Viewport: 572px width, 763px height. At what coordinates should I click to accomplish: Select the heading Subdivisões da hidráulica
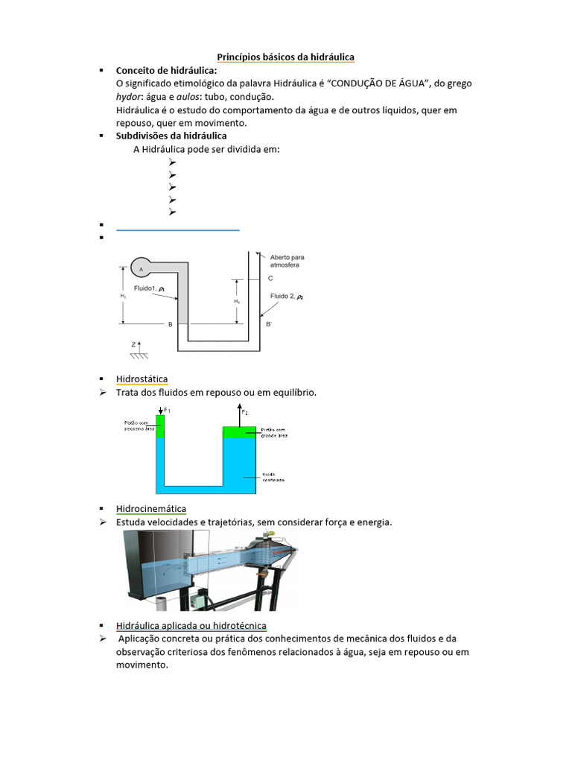coord(171,136)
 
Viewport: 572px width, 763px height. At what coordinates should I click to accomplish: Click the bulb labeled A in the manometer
coord(141,267)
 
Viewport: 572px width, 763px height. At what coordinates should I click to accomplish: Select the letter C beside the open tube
coord(270,278)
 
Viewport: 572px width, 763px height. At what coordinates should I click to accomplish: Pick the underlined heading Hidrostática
coord(142,379)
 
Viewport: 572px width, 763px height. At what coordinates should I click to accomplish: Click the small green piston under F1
coord(160,426)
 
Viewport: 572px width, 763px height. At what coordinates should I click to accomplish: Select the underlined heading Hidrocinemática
coord(151,509)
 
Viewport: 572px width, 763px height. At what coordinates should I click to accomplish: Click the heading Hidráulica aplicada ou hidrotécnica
coord(191,625)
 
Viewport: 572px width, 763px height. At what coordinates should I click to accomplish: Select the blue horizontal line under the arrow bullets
coord(178,231)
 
